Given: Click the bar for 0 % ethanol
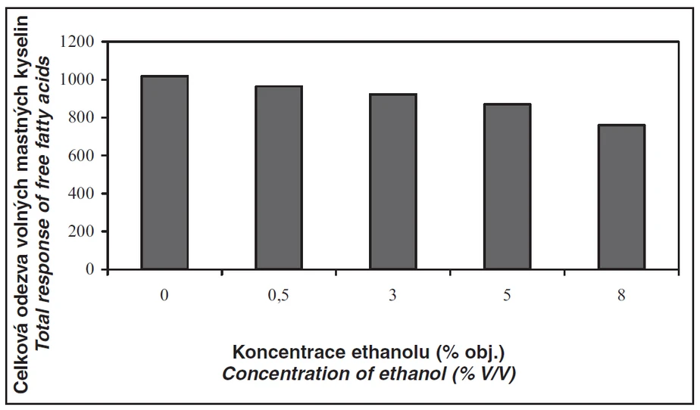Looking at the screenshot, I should coord(164,172).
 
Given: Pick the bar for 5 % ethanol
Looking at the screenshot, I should coord(508,186).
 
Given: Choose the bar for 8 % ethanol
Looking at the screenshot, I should coord(622,197).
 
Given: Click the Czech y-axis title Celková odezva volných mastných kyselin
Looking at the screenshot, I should coord(23,204).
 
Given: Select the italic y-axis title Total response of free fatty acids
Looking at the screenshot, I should coord(44,204).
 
